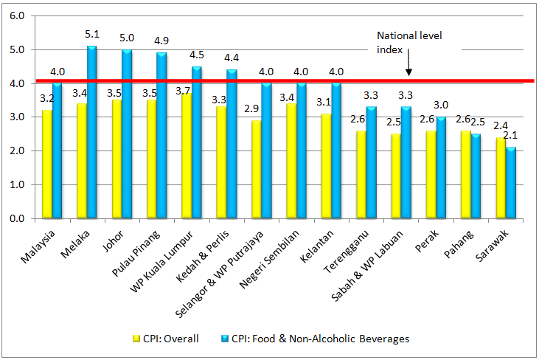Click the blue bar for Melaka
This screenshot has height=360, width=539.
[x=91, y=133]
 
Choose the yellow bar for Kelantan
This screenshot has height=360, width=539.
[x=325, y=166]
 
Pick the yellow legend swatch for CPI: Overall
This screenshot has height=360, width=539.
[x=136, y=339]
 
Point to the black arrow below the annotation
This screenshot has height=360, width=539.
[x=408, y=67]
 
